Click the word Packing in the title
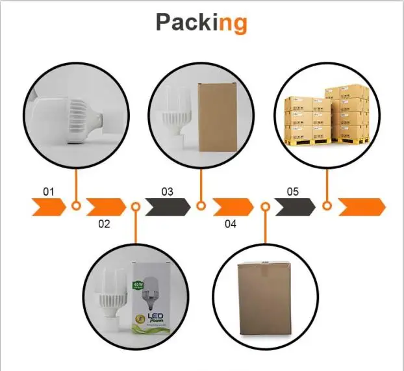coord(201,23)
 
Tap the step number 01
coord(48,192)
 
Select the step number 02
coord(104,224)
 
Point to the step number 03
coord(168,192)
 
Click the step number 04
coord(231,224)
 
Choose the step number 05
coord(292,192)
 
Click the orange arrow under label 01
coord(48,207)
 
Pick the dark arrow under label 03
coord(168,207)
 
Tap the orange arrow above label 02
coord(106,207)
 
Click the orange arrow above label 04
coord(233,207)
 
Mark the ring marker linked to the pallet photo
coord(327,207)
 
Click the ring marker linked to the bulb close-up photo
coord(76,207)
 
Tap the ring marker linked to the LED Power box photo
coord(136,207)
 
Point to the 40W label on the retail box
coord(138,284)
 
